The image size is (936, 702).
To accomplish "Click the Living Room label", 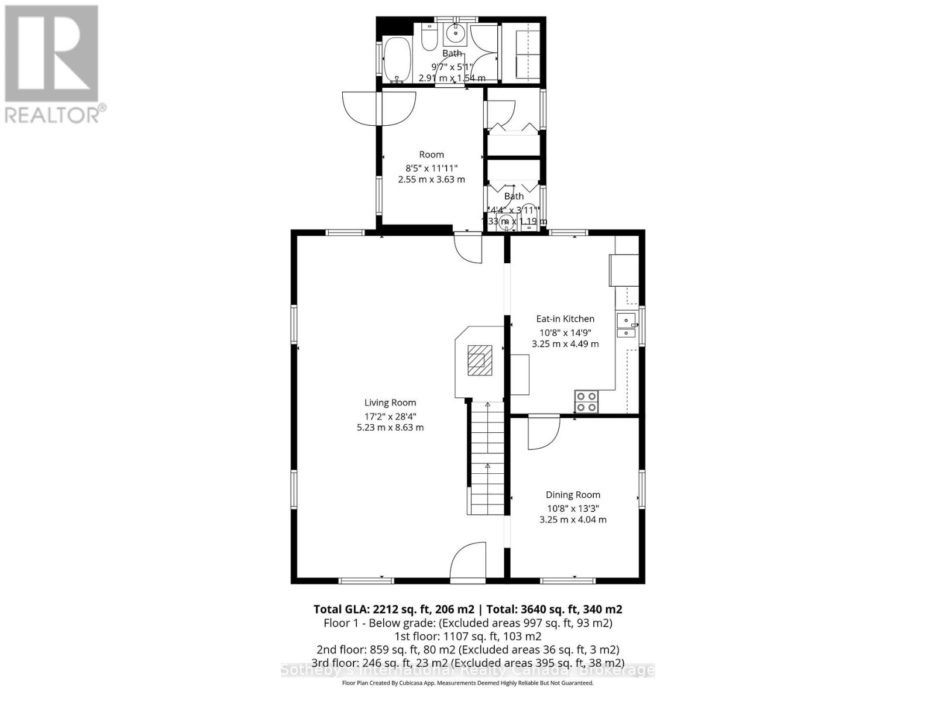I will pos(390,402).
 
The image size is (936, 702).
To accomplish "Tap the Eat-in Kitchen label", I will pos(565,319).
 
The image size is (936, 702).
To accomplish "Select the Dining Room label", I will pos(573,495).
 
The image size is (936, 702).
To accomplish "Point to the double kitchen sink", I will pos(626,326).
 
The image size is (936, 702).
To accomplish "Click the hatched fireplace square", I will pos(480,360).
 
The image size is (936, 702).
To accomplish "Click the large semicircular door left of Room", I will pos(378,107).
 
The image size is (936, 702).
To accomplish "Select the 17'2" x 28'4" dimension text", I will pos(390,417).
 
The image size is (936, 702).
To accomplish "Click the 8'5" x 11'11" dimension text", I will pos(432,168).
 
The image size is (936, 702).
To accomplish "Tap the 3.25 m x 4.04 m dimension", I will pos(573,519).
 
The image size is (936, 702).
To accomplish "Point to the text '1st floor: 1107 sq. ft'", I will pos(467,636).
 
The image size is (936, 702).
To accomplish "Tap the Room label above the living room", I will pos(432,154).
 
